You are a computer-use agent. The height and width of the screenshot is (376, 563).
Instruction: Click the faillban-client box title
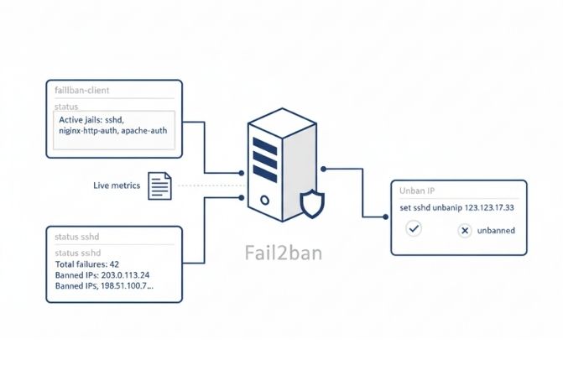click(81, 89)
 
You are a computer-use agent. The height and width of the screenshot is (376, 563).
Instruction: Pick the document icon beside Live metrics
click(159, 185)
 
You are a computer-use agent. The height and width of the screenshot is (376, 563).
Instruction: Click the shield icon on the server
click(311, 204)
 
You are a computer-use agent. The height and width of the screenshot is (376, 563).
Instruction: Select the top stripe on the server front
click(264, 144)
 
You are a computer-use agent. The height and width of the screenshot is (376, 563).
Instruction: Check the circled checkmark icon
click(413, 228)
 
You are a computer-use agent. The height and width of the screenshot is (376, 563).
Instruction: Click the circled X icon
click(465, 230)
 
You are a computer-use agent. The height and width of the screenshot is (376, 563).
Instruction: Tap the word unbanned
click(498, 230)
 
